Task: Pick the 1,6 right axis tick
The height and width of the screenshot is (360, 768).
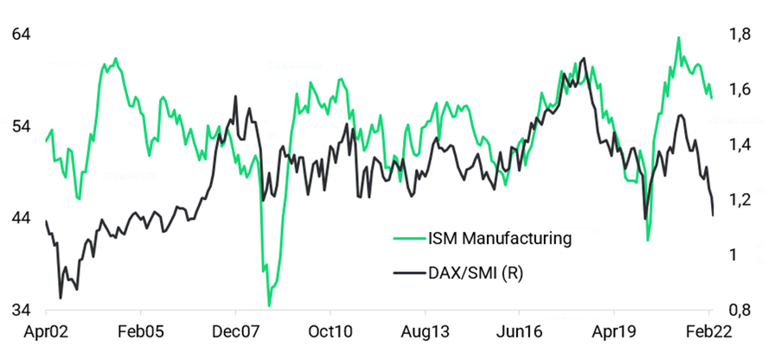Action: point(739,89)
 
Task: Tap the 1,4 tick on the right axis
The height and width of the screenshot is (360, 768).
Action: point(739,145)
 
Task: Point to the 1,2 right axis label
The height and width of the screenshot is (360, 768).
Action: point(739,200)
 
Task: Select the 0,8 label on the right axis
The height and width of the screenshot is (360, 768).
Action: point(739,310)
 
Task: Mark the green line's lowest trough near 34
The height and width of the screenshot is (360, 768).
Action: point(269,305)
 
